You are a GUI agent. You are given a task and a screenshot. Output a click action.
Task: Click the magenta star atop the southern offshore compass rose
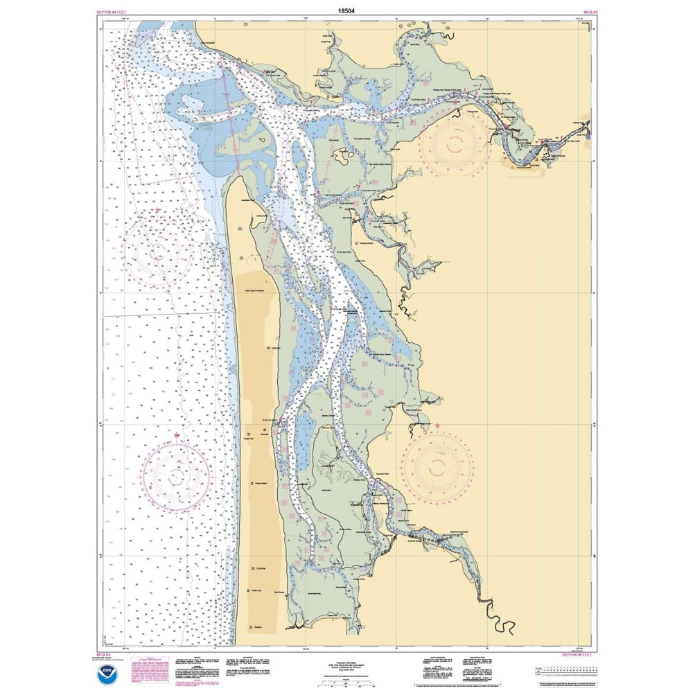click(x=177, y=435)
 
